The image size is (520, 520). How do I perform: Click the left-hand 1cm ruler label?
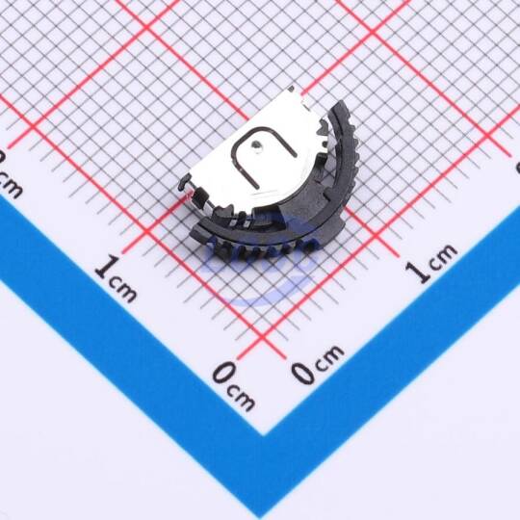click(116, 278)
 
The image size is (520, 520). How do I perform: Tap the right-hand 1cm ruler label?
click(431, 263)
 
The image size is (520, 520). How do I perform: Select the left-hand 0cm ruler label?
click(234, 385)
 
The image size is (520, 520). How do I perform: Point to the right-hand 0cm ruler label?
click(318, 364)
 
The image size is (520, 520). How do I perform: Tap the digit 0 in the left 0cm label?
click(223, 374)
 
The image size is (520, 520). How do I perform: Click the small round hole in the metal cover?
click(256, 144)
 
